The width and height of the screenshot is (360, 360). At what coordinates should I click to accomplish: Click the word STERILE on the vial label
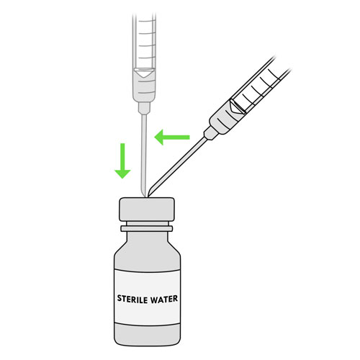pos(132,299)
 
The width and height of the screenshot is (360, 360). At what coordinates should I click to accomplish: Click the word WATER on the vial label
pos(164,299)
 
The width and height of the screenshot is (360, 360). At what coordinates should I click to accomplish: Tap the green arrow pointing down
pos(122,161)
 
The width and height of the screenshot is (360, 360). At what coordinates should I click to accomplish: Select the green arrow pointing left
pos(172,138)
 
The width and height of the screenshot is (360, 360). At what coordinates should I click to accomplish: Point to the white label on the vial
pos(147,297)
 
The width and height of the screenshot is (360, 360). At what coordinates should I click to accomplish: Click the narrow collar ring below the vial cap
pos(147,228)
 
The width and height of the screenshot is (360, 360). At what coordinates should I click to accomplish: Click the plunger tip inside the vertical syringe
pos(143,73)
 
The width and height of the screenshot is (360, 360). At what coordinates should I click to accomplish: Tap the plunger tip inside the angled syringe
pos(237,106)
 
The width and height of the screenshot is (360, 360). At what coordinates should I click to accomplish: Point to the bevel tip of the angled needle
pos(150,193)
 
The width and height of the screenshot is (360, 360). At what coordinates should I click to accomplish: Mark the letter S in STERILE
pos(120,299)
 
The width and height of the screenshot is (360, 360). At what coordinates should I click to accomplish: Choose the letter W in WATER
pos(154,299)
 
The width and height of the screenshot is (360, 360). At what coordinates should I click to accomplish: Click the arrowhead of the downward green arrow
pos(122,174)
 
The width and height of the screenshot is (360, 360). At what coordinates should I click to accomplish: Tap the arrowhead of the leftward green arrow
pos(159,138)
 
